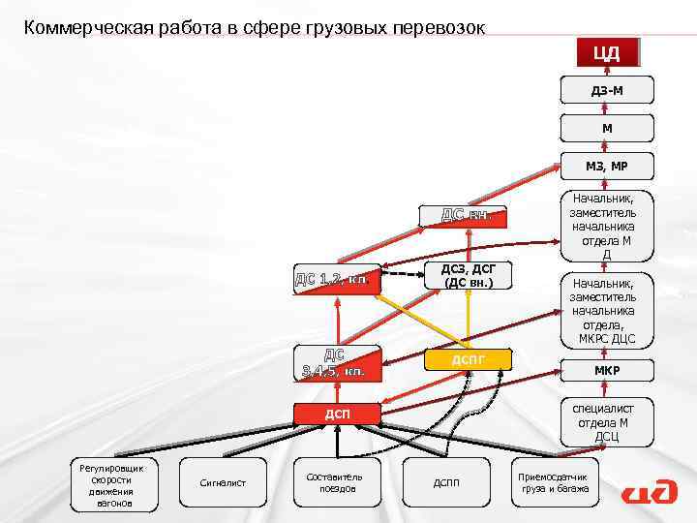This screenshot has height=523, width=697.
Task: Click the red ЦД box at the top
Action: [x=607, y=52]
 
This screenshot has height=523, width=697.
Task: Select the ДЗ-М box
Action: [x=607, y=91]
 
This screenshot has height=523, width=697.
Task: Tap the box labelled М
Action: [x=607, y=128]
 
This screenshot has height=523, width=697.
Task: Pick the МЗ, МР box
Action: [x=607, y=166]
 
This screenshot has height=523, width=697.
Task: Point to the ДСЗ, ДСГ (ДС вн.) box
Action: [x=468, y=276]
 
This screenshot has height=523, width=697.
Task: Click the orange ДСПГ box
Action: [x=468, y=360]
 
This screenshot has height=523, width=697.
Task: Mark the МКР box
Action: [x=607, y=371]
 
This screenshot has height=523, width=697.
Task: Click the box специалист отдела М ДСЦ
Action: [x=607, y=423]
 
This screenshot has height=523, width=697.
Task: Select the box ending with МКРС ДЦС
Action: [x=607, y=310]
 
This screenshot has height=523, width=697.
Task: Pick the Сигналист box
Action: [x=223, y=482]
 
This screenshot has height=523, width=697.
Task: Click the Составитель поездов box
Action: [x=334, y=481]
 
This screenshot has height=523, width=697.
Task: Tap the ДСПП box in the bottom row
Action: [x=446, y=482]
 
